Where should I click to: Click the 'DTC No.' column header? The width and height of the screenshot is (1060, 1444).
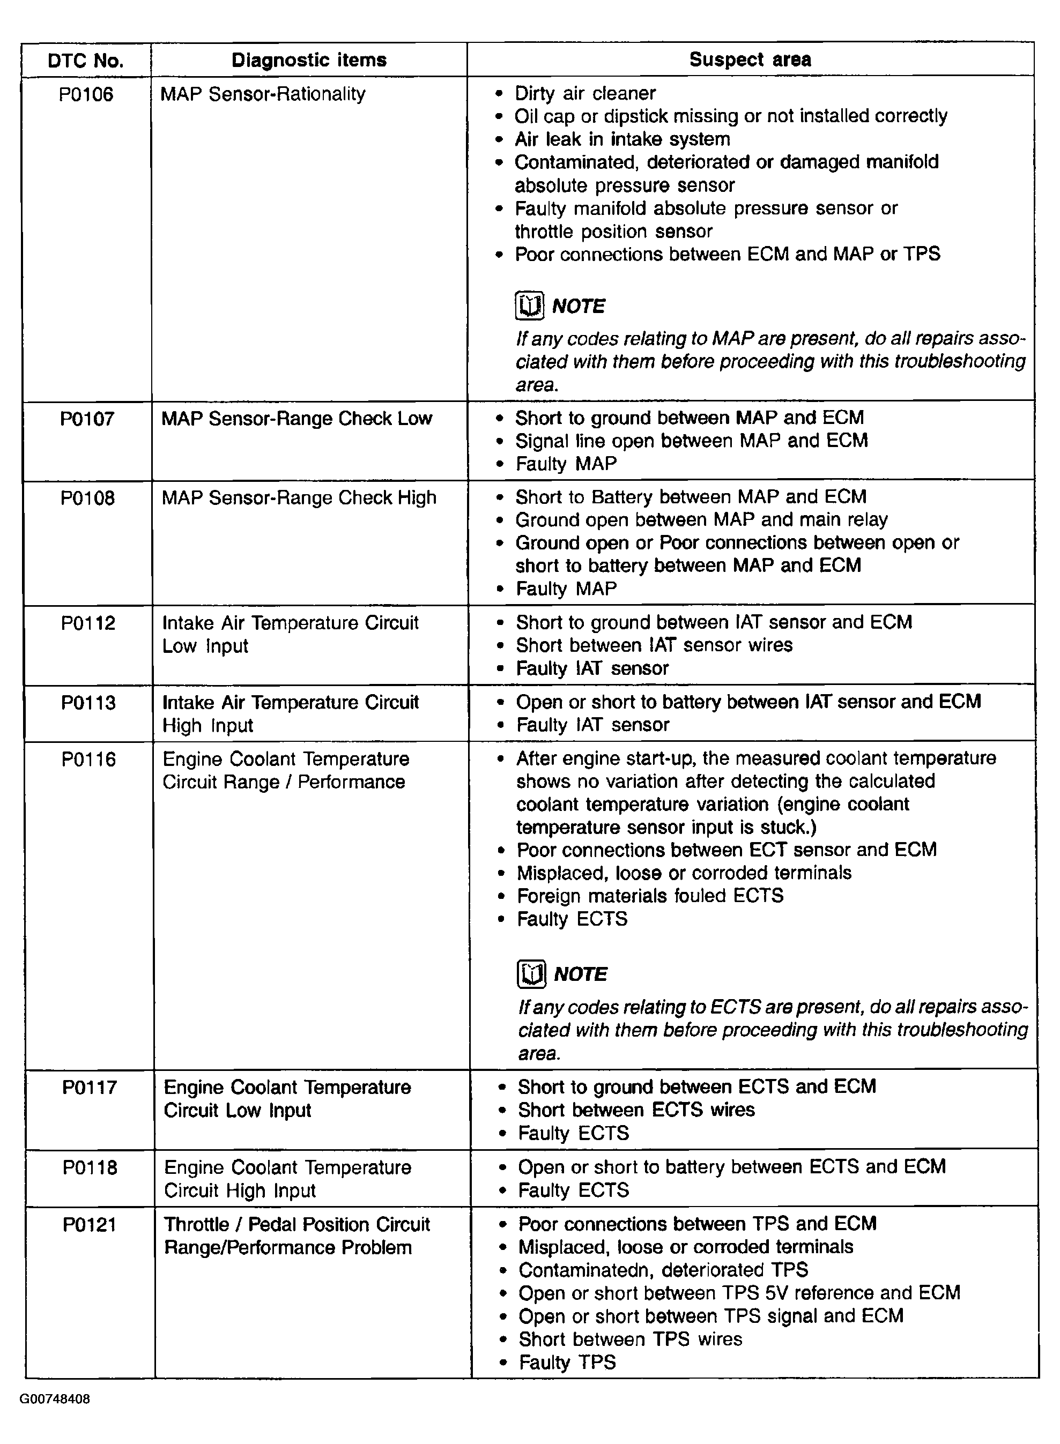pyautogui.click(x=85, y=61)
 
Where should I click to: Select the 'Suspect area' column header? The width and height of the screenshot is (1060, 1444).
pyautogui.click(x=750, y=59)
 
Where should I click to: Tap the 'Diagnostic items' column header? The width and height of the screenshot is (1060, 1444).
pyautogui.click(x=309, y=60)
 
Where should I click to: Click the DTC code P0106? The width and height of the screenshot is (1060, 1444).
pyautogui.click(x=86, y=94)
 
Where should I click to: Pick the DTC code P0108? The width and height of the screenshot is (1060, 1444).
pyautogui.click(x=87, y=498)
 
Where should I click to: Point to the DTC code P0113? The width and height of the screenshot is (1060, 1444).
pyautogui.click(x=88, y=702)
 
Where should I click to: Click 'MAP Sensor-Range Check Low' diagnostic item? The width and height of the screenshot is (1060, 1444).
pyautogui.click(x=296, y=419)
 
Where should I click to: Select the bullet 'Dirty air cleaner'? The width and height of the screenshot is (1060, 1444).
pyautogui.click(x=584, y=94)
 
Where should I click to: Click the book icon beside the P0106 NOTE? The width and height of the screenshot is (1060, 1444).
pyautogui.click(x=529, y=306)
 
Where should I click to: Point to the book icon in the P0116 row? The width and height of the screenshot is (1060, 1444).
pyautogui.click(x=531, y=974)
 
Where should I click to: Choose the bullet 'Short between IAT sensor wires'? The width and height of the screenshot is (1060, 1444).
pyautogui.click(x=654, y=645)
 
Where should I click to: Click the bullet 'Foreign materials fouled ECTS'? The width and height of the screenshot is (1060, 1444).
pyautogui.click(x=650, y=896)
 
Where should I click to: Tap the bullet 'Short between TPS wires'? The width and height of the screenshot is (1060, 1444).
pyautogui.click(x=630, y=1339)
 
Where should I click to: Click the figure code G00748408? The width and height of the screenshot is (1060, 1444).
pyautogui.click(x=55, y=1399)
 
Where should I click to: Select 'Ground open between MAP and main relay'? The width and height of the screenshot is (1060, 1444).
pyautogui.click(x=701, y=519)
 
